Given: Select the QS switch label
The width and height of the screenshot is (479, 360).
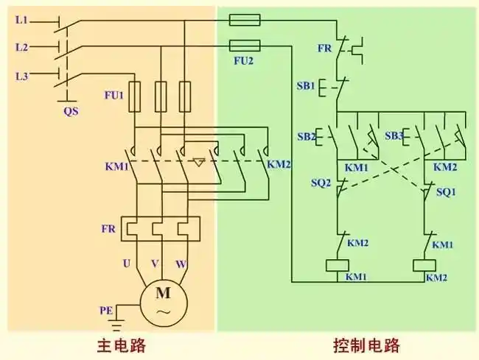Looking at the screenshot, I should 70,111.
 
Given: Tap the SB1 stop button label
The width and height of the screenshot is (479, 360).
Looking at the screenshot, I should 307,86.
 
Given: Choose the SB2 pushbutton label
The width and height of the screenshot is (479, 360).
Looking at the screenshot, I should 307,137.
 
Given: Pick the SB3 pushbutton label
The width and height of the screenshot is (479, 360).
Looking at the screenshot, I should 394,137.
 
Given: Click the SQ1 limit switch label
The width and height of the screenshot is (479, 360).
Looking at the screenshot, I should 447,191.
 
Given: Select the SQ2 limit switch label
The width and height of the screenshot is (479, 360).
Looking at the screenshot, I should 322,183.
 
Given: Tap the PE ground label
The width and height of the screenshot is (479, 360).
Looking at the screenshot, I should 107,311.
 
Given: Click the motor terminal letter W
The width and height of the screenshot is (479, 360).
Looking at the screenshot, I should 181,263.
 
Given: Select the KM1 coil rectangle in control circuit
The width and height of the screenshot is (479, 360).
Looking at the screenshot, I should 337,265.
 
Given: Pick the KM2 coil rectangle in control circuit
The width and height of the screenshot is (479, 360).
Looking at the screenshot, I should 424,265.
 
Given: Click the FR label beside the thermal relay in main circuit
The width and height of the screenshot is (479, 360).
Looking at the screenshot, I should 108,229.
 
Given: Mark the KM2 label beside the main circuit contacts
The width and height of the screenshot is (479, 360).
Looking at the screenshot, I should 279,164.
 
